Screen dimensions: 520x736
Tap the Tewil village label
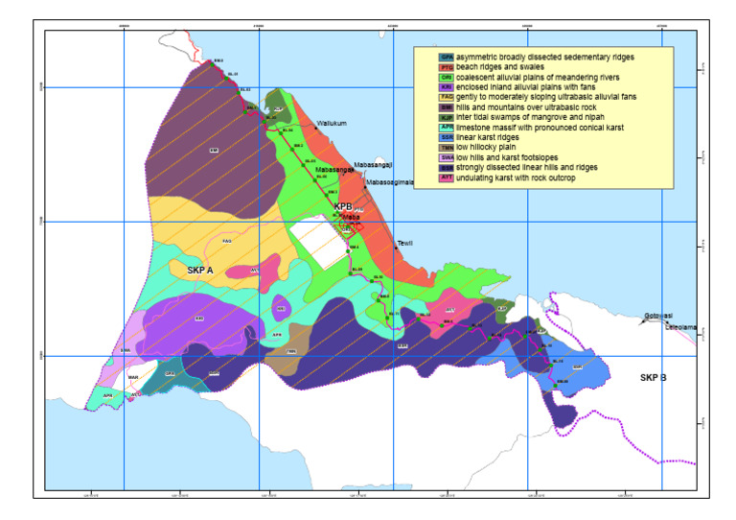(x=404, y=244)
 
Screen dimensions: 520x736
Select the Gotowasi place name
(x=658, y=316)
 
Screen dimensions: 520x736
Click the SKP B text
(x=653, y=377)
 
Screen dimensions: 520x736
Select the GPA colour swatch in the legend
(x=420, y=58)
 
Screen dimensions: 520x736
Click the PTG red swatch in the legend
(x=420, y=67)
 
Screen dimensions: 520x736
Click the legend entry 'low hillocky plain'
(x=464, y=148)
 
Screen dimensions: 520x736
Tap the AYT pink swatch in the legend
(x=420, y=178)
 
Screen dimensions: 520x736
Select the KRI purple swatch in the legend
(x=420, y=87)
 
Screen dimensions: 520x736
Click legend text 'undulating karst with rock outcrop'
(x=495, y=178)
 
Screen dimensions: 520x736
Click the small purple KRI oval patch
(x=281, y=310)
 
